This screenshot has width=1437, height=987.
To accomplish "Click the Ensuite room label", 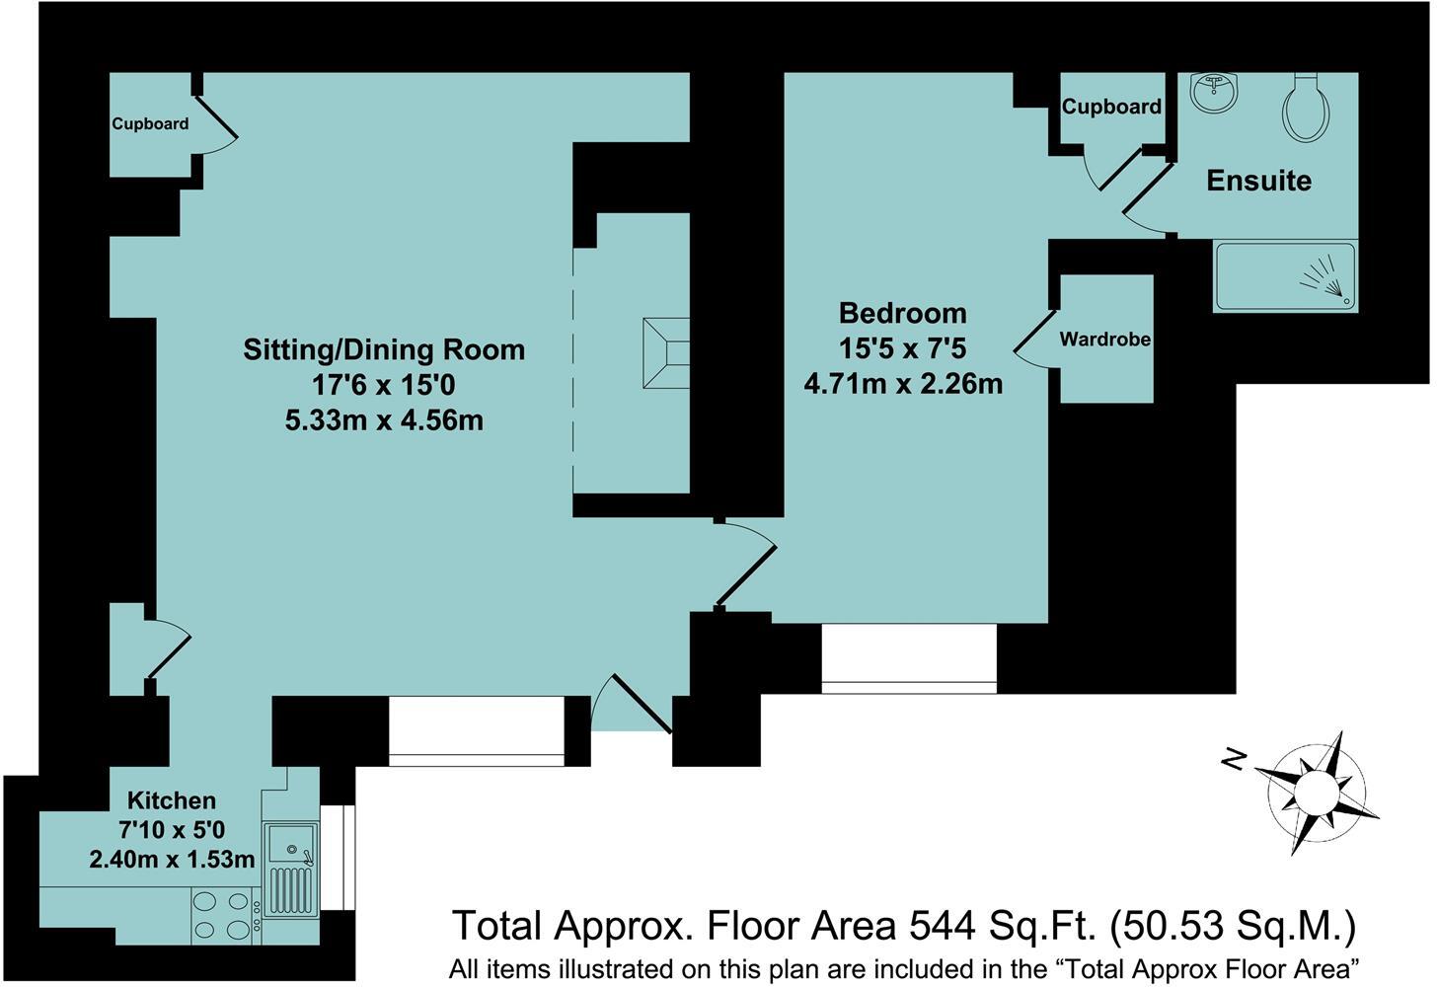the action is pos(1258,181).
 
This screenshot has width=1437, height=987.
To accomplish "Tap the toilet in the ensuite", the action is pos(1306,115).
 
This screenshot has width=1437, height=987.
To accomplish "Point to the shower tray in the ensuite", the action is pos(1285,276).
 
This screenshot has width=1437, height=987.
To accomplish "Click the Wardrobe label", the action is pos(1104,339).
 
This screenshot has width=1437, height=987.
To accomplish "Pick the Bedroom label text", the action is pos(903,313).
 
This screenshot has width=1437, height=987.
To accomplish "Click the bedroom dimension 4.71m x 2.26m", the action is pos(903,384).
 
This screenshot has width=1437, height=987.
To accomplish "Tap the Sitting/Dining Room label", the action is pos(384,349).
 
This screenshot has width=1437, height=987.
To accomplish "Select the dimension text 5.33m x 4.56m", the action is pos(384,421).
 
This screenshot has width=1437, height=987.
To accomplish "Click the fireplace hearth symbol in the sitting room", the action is pos(666,353).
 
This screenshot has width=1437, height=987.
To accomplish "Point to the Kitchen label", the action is pos(172,800).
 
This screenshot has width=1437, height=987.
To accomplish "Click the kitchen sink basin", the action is pos(290,843).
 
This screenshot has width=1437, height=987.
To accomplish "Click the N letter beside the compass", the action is pos(1233,760).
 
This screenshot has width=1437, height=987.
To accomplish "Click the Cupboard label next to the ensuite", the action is pos(1111,106).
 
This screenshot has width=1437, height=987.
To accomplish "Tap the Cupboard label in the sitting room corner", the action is pos(150,123).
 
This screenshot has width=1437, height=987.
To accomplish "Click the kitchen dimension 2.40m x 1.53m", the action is pos(172,859).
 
